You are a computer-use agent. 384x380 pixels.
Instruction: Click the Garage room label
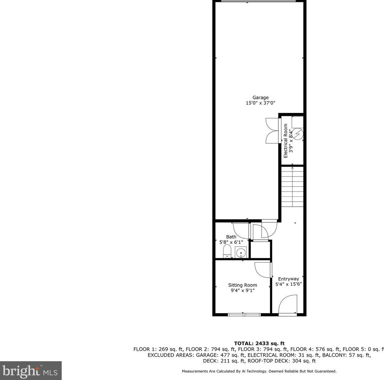pyautogui.click(x=260, y=97)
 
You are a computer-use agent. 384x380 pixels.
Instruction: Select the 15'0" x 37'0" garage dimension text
pyautogui.click(x=260, y=103)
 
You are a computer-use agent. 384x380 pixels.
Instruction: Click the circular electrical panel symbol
pyautogui.click(x=298, y=134)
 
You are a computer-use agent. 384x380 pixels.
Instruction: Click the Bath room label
pyautogui.click(x=231, y=237)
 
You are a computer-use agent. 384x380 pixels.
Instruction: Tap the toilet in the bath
pyautogui.click(x=227, y=251)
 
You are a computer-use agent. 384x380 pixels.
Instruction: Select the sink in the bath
pyautogui.click(x=240, y=252)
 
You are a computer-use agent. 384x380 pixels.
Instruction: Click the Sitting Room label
pyautogui.click(x=242, y=285)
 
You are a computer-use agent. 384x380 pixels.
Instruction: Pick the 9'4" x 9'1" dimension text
pyautogui.click(x=242, y=290)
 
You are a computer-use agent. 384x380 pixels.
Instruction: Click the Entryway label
pyautogui.click(x=288, y=279)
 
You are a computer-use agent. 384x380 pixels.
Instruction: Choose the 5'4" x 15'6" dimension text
pyautogui.click(x=288, y=284)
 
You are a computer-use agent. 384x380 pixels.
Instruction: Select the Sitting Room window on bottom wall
pyautogui.click(x=244, y=314)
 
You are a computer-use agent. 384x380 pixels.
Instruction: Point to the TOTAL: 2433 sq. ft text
pyautogui.click(x=259, y=343)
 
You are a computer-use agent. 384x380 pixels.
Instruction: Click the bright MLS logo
pyautogui.click(x=31, y=371)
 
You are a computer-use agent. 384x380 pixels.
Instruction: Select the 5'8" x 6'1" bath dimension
pyautogui.click(x=231, y=242)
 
